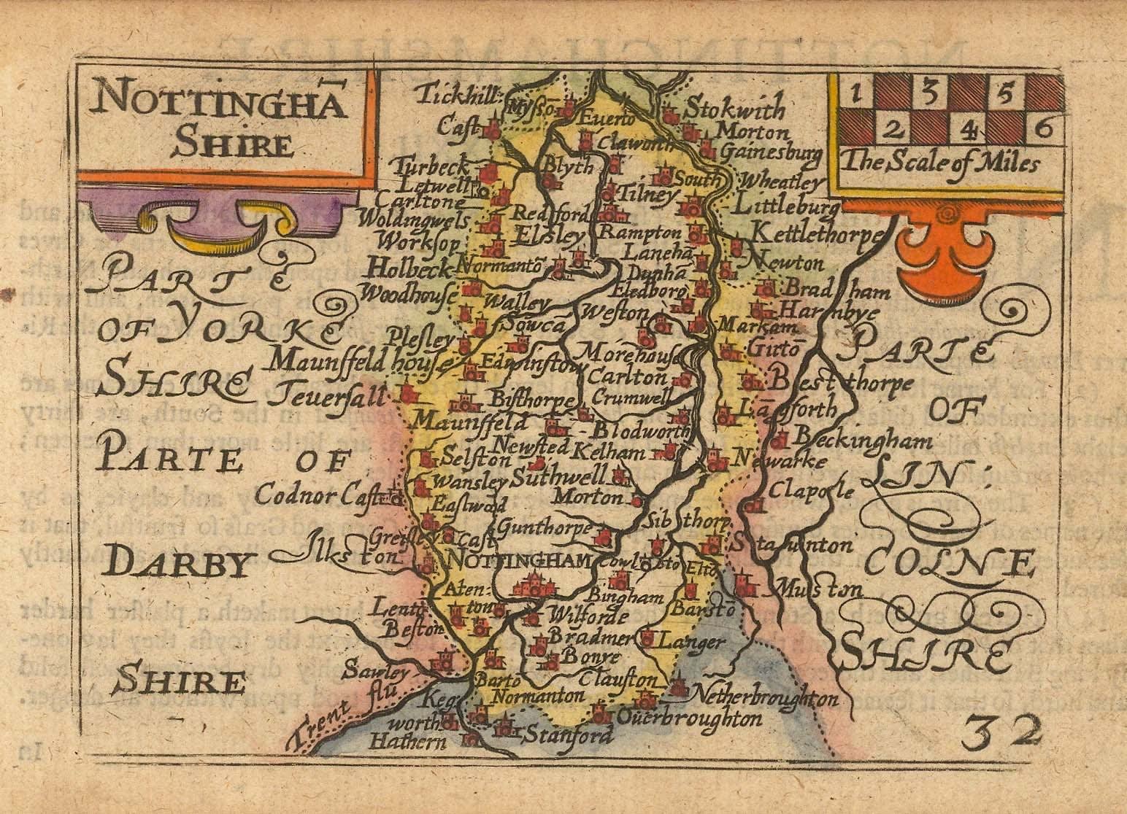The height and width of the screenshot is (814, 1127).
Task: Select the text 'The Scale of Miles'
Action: click(938, 164)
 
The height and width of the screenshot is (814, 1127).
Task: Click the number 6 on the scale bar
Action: click(1043, 129)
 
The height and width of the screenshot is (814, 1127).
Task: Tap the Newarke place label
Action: click(780, 462)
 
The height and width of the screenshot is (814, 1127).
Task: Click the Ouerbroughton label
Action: click(690, 718)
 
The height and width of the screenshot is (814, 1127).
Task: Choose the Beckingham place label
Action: click(862, 441)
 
